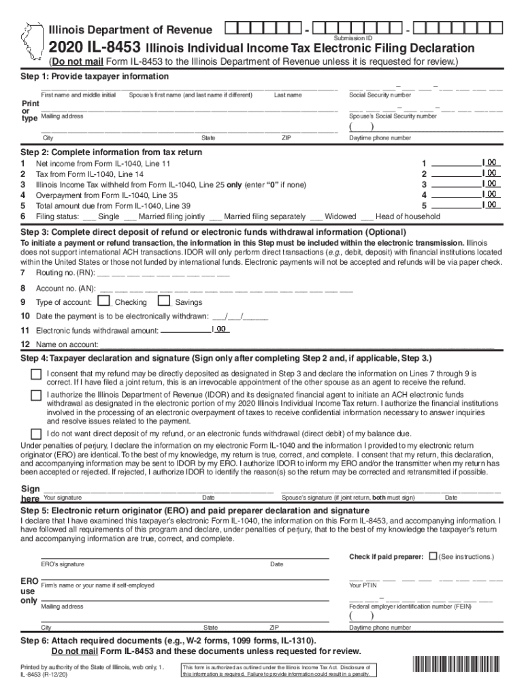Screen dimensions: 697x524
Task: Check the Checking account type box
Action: tap(103, 301)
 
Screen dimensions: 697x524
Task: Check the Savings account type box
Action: tap(163, 301)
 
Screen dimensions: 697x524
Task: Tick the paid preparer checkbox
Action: tap(433, 556)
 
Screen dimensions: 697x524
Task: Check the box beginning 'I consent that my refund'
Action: tap(35, 375)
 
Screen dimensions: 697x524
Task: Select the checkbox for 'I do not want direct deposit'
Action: tap(35, 434)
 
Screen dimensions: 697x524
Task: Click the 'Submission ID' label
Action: tap(353, 38)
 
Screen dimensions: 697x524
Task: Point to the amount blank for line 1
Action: tap(457, 163)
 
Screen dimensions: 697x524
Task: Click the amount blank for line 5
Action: tap(457, 205)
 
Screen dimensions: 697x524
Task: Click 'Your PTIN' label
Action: tap(363, 585)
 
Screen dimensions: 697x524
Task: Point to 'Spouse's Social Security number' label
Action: tap(393, 116)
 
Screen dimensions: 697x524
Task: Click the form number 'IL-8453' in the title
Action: tap(115, 48)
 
